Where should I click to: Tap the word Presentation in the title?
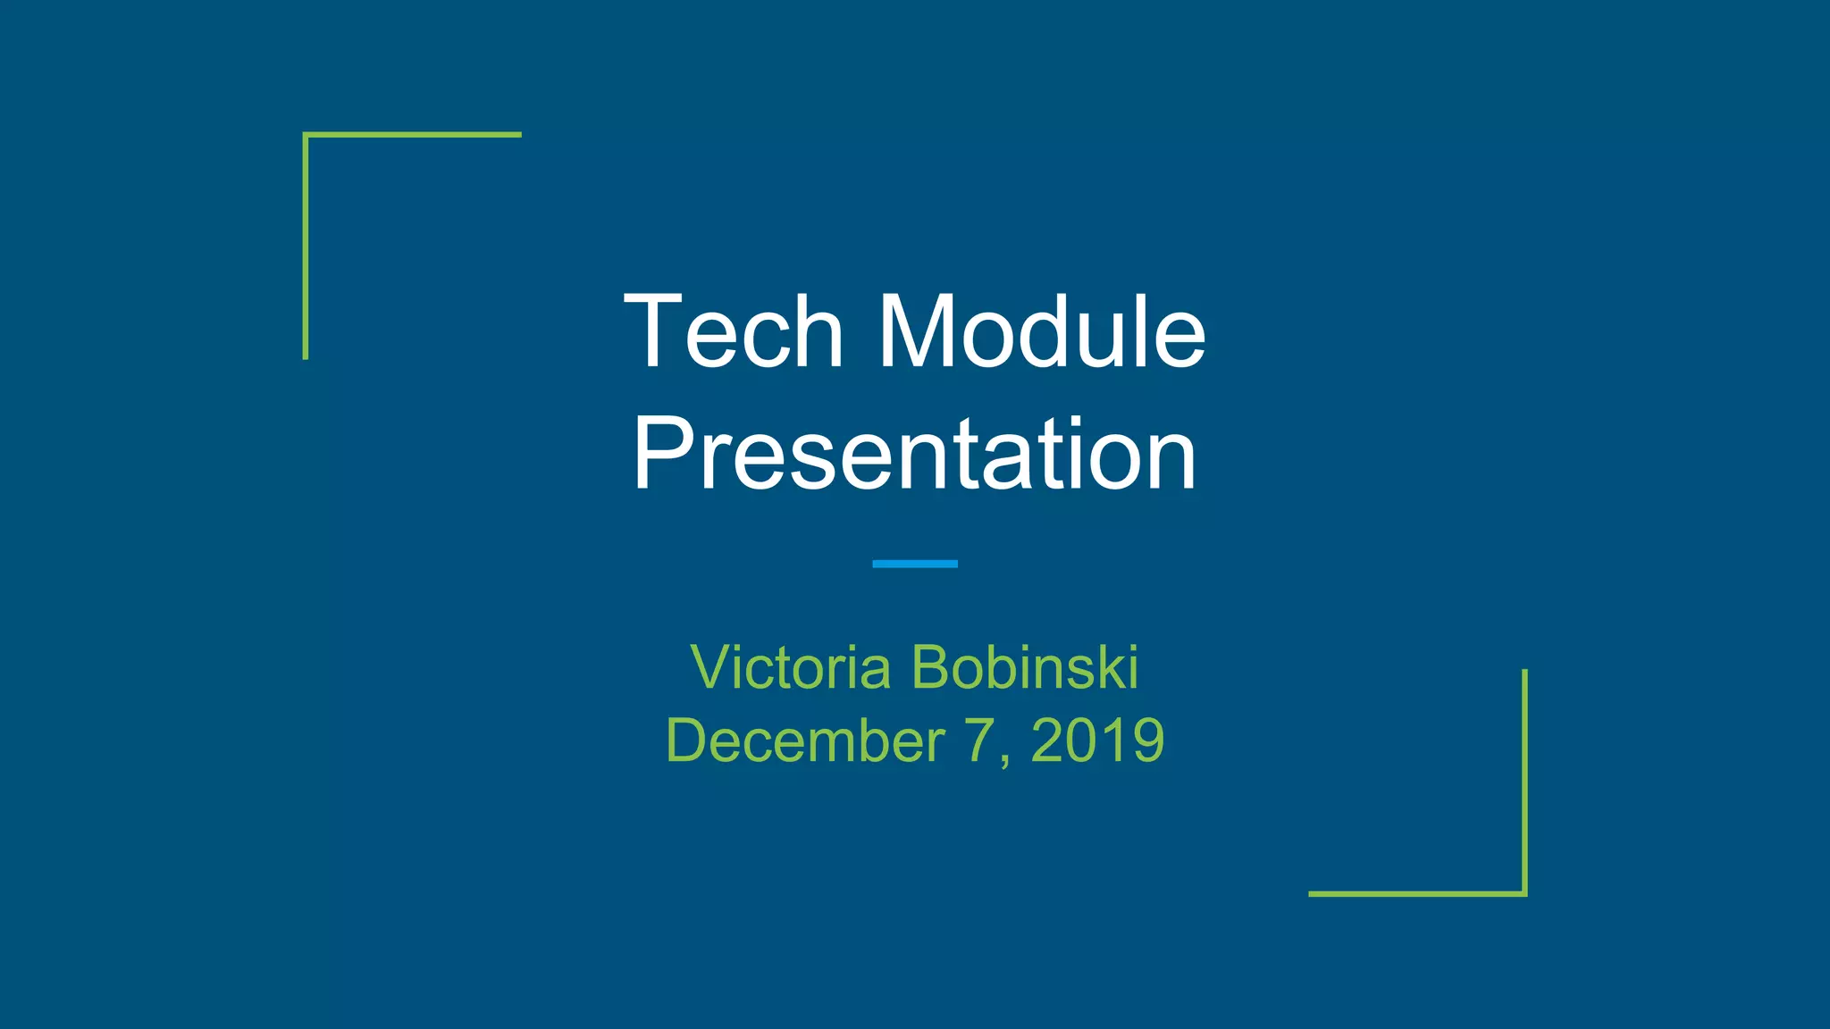(914, 455)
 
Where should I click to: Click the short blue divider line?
(914, 564)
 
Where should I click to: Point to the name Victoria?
(791, 667)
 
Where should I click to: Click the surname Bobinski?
(1025, 667)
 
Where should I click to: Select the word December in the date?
(805, 740)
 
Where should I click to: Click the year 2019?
(1097, 740)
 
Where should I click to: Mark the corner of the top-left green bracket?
(306, 135)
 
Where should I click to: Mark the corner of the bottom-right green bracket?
(1524, 893)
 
